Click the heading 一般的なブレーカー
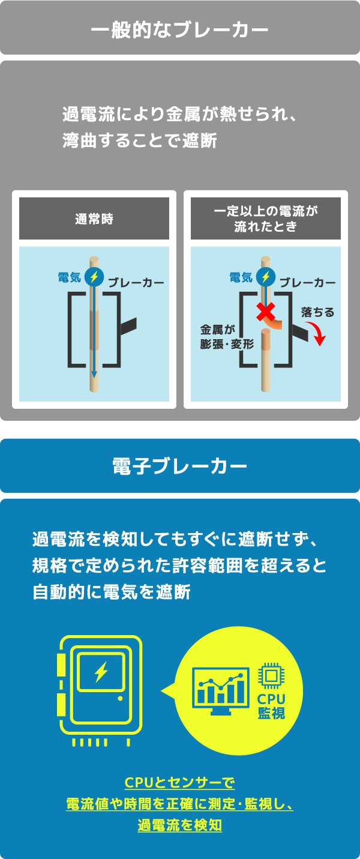point(179,30)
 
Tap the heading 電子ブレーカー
point(179,466)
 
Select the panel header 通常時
point(94,219)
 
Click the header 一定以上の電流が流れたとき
point(266,219)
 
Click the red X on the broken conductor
point(265,312)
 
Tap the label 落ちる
point(317,312)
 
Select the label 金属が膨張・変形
point(227,337)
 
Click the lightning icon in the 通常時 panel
point(94,277)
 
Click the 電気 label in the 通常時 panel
point(70,277)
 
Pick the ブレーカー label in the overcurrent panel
point(307,283)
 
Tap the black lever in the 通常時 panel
point(128,326)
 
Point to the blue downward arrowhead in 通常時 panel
point(94,375)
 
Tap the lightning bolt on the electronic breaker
point(101,672)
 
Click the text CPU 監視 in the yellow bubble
point(271,705)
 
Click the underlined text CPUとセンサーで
point(180,782)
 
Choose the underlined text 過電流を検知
point(180,825)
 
